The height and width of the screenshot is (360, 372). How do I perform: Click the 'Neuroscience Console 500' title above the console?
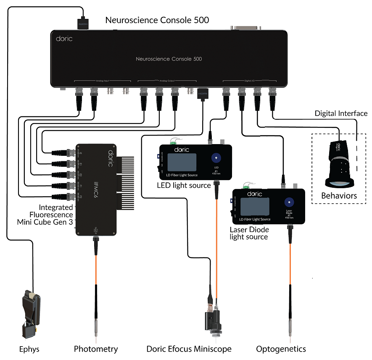[157, 20]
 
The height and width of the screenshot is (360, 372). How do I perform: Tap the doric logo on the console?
[64, 39]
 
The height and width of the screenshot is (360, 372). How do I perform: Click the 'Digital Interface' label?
[341, 113]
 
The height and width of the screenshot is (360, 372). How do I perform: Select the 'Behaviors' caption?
[339, 195]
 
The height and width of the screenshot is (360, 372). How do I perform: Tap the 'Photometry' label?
[96, 349]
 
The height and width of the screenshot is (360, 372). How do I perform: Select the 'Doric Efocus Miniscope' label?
[189, 349]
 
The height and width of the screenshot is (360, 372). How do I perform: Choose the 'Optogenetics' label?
[281, 349]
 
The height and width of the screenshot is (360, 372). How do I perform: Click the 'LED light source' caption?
[184, 185]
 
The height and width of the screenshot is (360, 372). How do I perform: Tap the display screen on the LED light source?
[182, 163]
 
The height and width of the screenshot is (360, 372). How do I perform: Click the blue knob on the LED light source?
[216, 158]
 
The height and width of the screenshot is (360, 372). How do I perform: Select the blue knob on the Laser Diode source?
[289, 202]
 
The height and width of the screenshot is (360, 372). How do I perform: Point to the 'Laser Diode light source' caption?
[249, 233]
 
